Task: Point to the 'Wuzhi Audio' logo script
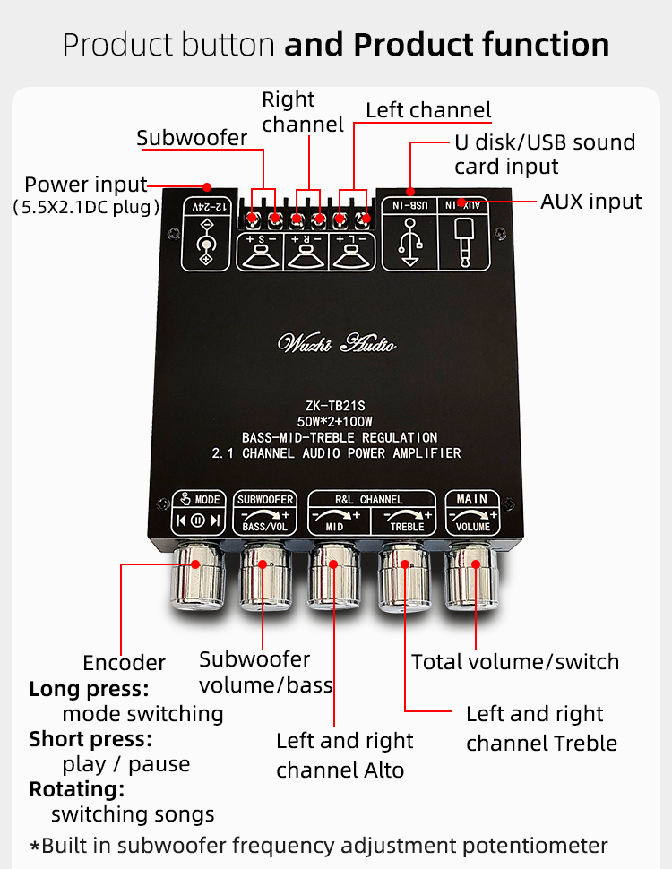[337, 343]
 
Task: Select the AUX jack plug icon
[468, 239]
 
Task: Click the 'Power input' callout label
[85, 185]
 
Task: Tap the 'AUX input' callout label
[590, 202]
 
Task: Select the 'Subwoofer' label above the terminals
[192, 138]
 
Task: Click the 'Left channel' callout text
[428, 110]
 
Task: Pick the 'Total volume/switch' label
[515, 662]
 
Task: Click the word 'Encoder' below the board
[124, 663]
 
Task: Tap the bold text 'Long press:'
[89, 689]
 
